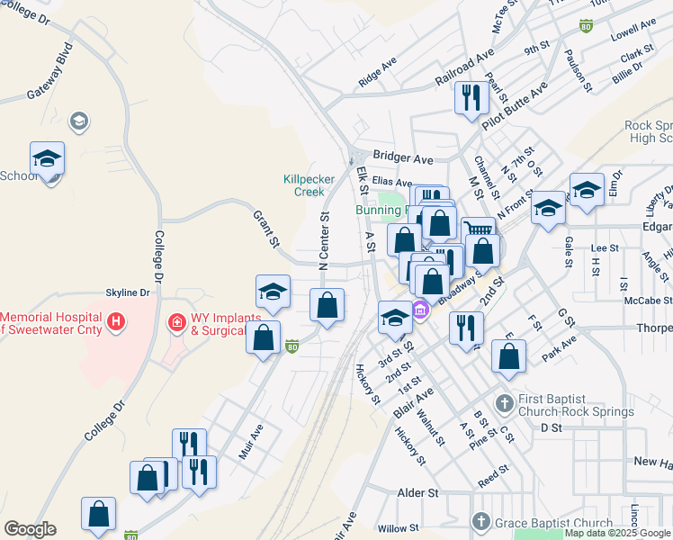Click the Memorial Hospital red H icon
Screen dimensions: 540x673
point(114,321)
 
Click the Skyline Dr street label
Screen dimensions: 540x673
point(127,293)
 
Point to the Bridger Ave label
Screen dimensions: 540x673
point(403,158)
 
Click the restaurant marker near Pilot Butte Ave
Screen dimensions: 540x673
point(471,97)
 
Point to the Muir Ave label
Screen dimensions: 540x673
point(249,442)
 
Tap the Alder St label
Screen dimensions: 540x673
point(417,493)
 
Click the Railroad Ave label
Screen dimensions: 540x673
point(464,68)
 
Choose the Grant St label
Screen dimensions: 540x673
point(266,229)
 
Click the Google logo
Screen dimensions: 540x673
point(30,529)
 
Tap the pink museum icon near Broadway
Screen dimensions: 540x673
point(419,311)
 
